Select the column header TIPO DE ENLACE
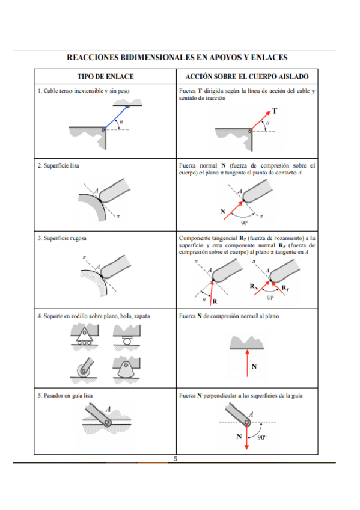105,77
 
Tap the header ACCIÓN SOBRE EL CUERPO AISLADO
247,77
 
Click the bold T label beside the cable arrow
275,111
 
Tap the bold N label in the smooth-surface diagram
223,211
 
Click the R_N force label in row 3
255,287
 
